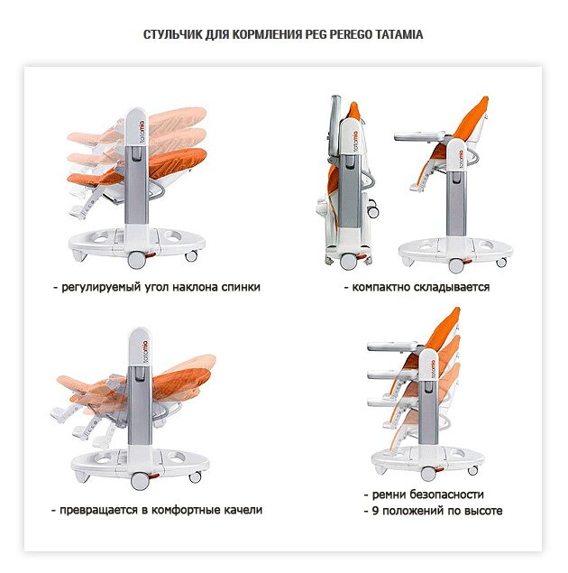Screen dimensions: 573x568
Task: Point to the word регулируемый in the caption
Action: point(101,288)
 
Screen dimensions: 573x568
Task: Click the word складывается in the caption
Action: point(449,288)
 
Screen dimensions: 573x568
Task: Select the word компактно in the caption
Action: point(378,288)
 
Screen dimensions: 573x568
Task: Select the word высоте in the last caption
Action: point(482,511)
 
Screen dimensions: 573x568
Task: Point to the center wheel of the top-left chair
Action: point(138,259)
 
